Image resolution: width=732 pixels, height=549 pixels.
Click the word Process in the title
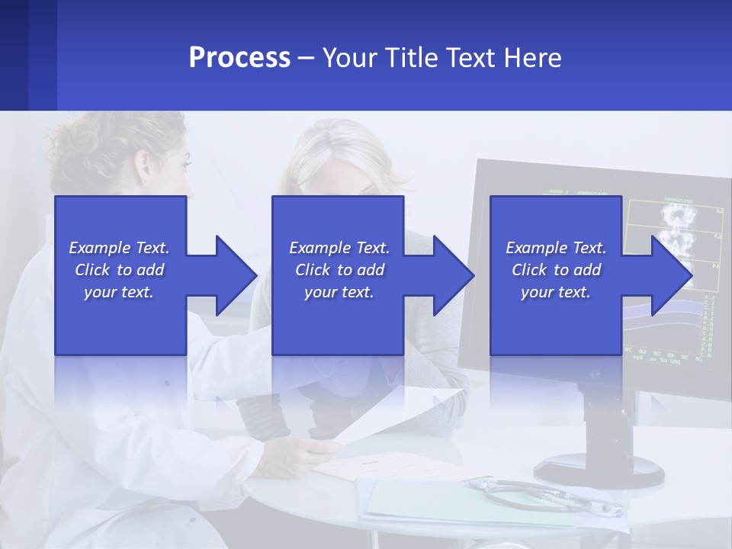[239, 58]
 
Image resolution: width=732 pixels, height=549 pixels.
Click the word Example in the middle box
[315, 248]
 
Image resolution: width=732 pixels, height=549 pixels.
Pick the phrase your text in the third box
[555, 292]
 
